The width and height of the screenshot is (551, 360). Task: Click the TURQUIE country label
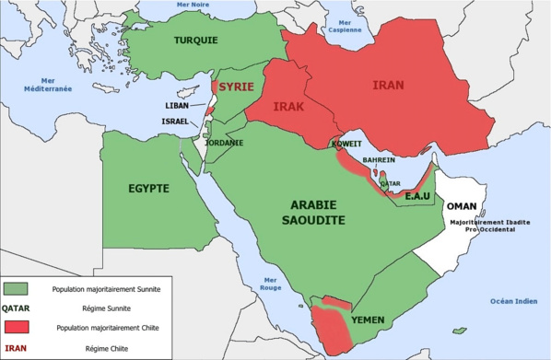click(x=196, y=41)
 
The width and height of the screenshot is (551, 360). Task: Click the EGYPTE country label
click(x=148, y=188)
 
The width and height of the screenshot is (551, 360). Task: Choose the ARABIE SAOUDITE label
click(x=313, y=213)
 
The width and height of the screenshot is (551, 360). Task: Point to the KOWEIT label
click(x=347, y=145)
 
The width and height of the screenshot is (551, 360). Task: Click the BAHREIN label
click(x=380, y=160)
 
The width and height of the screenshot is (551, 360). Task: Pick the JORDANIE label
click(x=224, y=143)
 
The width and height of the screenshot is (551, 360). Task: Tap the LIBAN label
click(x=176, y=105)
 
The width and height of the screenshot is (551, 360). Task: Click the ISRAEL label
click(x=174, y=121)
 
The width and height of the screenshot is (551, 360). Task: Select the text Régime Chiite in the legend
click(x=104, y=348)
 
